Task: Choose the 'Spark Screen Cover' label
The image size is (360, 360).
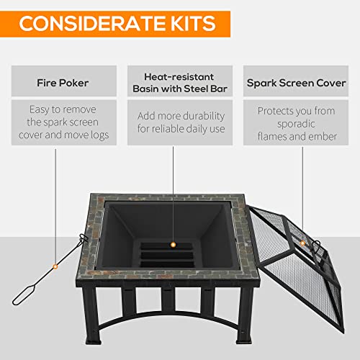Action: tap(295, 81)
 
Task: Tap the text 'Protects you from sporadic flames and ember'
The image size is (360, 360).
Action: tap(295, 122)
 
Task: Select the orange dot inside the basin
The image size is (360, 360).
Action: tap(172, 246)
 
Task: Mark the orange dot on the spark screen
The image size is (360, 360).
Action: tap(303, 244)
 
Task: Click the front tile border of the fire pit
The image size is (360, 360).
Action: tap(173, 294)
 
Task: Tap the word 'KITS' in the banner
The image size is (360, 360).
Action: tap(184, 23)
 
